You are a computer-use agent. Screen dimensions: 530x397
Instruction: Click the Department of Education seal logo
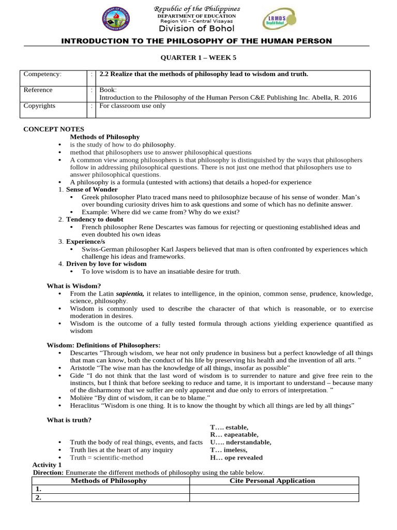(x=116, y=20)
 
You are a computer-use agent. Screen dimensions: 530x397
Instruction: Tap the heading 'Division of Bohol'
(x=197, y=28)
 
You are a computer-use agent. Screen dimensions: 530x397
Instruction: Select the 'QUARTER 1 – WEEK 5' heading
(x=197, y=57)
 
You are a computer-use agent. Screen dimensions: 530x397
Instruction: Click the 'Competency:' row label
(x=42, y=74)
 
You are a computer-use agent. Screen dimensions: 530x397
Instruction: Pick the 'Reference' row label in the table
(x=38, y=90)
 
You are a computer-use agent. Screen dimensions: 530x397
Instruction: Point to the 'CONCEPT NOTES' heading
(x=54, y=129)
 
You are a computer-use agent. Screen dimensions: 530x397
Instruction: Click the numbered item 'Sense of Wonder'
(x=92, y=189)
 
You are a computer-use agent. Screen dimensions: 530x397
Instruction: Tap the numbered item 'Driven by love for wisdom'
(x=106, y=263)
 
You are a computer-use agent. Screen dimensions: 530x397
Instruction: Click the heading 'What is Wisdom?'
(x=74, y=286)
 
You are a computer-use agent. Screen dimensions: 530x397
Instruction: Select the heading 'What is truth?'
(x=69, y=420)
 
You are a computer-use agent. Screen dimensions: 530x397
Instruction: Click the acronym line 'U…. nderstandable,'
(x=240, y=442)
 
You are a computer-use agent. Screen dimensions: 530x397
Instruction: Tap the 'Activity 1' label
(x=47, y=465)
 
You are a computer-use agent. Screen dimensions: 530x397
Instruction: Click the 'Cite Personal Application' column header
(x=272, y=481)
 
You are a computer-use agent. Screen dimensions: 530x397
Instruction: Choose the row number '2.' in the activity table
(x=38, y=497)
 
